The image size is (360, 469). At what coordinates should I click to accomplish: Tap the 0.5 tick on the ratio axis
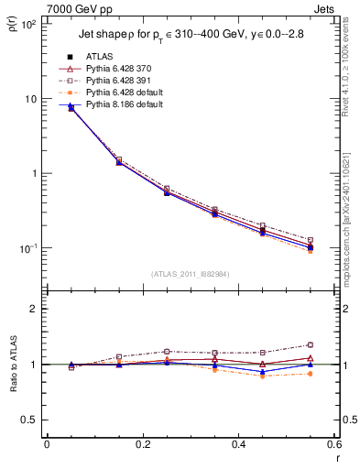pos(30,420)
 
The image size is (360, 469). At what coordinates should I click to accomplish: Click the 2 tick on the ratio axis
pos(36,309)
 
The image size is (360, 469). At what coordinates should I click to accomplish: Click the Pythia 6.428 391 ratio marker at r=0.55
pos(311,344)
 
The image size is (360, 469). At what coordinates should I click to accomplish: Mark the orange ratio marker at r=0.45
pos(263,376)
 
